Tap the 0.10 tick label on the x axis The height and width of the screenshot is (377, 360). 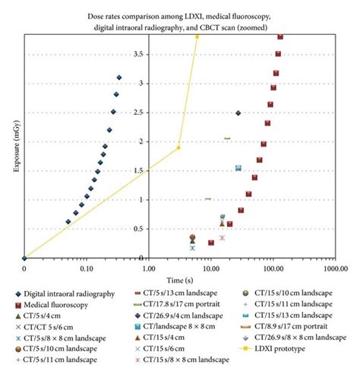click(x=86, y=268)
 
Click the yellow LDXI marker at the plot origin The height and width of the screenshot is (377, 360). click(x=24, y=258)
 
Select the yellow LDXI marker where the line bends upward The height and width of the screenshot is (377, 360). click(x=178, y=147)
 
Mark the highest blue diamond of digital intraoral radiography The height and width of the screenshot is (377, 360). click(x=119, y=77)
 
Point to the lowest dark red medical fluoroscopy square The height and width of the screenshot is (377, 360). click(x=211, y=243)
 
